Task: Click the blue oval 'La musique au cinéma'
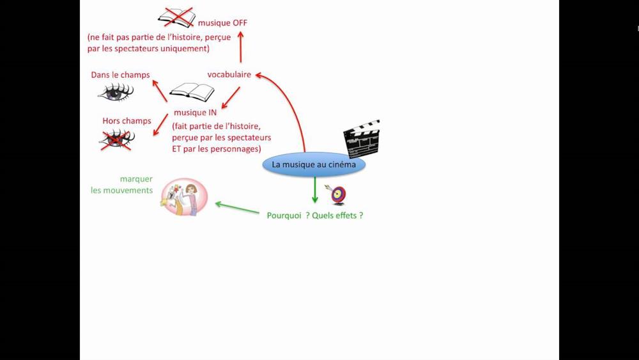pos(314,164)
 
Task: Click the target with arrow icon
pos(337,194)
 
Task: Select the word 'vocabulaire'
pos(229,74)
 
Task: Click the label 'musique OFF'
pos(222,23)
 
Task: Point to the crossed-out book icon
pos(177,17)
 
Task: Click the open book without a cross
pos(192,93)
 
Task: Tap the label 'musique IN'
pos(195,113)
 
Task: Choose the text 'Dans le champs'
pos(120,75)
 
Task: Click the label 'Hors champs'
pos(127,121)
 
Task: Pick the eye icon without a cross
pos(116,93)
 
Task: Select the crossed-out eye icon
pos(116,139)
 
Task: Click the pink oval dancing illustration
pos(184,197)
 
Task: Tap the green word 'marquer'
pos(136,179)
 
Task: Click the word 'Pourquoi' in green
pos(284,215)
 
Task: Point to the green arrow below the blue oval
pos(314,190)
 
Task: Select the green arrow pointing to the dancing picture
pos(237,208)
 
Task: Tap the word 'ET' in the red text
pos(178,149)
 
